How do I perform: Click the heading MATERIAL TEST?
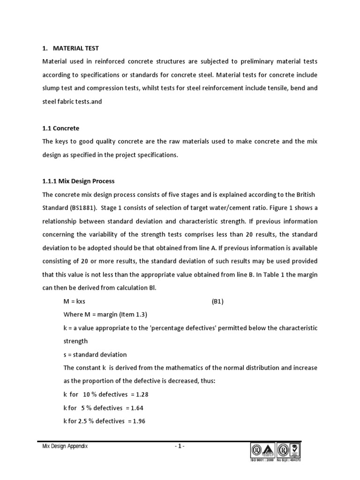pyautogui.click(x=75, y=48)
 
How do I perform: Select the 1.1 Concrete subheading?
pyautogui.click(x=60, y=128)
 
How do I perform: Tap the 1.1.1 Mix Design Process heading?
pyautogui.click(x=78, y=181)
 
